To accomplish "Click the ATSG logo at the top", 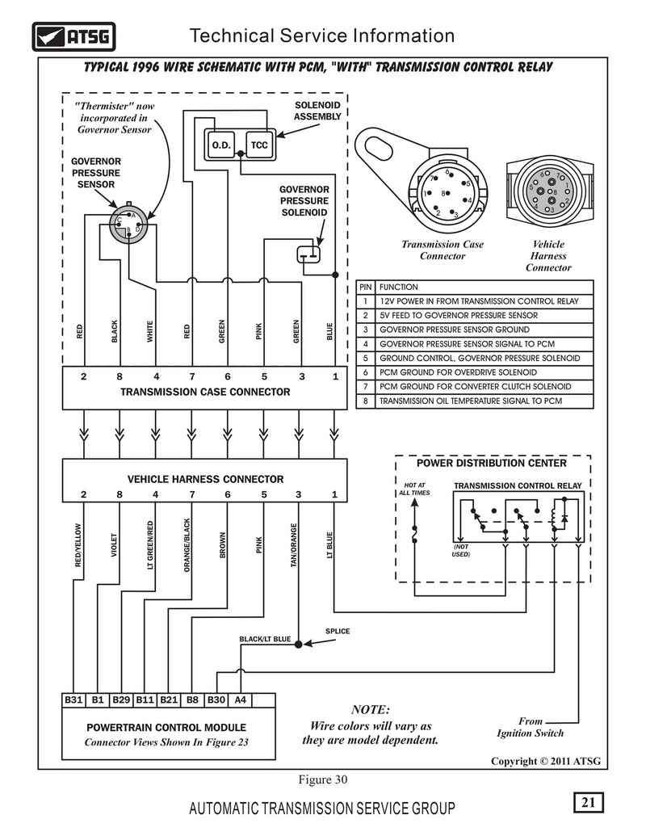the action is [x=73, y=36].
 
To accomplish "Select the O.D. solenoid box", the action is [x=220, y=145].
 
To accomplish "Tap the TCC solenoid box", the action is [x=259, y=145].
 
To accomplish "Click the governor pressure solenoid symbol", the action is [x=308, y=254].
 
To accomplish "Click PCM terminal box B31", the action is [x=73, y=699].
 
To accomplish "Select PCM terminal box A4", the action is [x=241, y=699].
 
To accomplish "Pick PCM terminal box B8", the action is [x=192, y=699].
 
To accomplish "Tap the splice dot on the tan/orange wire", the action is [x=299, y=644].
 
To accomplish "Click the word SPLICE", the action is [x=338, y=632].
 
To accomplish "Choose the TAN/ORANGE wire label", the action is [x=294, y=545].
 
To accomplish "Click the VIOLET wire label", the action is [x=114, y=545].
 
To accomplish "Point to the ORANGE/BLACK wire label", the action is [x=187, y=545].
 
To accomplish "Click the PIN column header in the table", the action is [x=365, y=287].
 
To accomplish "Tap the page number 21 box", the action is [x=589, y=802].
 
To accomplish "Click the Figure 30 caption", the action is [x=322, y=779].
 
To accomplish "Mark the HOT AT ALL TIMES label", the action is [x=415, y=489].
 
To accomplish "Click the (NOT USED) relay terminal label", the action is [x=461, y=550].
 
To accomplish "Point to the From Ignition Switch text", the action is [x=530, y=727].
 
